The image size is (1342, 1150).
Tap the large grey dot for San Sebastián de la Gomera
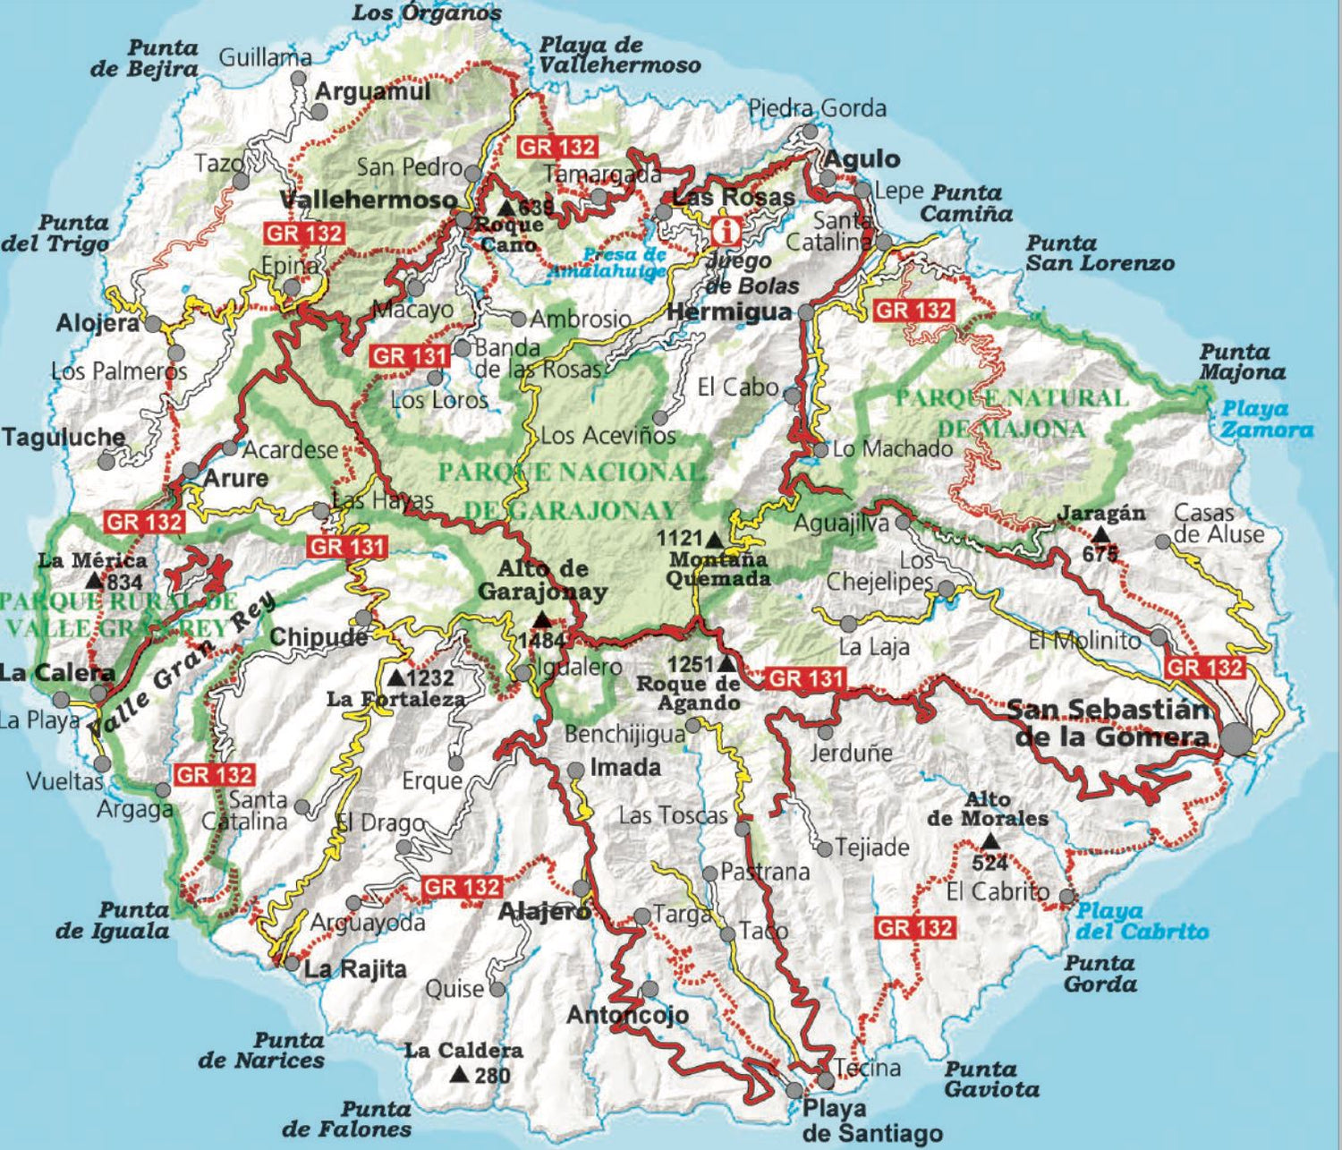(x=1237, y=739)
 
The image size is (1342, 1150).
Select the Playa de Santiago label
(x=872, y=1120)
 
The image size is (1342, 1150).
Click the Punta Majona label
(x=1242, y=362)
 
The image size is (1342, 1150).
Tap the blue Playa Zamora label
(x=1267, y=420)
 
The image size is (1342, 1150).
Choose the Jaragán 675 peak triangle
(x=1100, y=533)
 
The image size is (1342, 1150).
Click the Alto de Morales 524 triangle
(x=990, y=841)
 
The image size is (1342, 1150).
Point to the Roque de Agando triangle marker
(x=726, y=664)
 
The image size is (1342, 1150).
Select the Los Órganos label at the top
(x=427, y=13)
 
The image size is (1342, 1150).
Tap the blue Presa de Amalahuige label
(x=623, y=262)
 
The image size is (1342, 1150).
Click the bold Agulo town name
(x=862, y=159)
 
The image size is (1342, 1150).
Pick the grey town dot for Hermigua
(x=806, y=312)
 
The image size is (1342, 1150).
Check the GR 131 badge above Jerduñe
(x=806, y=679)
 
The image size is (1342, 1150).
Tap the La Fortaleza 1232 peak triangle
(x=396, y=677)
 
